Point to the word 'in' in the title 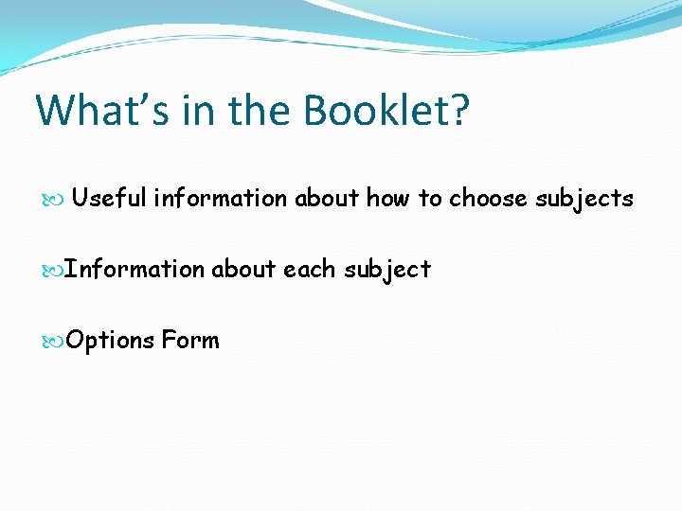(x=192, y=110)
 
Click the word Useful (x=109, y=198)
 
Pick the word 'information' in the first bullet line (x=220, y=198)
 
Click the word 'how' (x=388, y=198)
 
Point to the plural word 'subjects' (x=584, y=199)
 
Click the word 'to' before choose (x=430, y=198)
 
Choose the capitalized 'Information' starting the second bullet (x=135, y=269)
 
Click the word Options (x=111, y=340)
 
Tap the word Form (x=190, y=340)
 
